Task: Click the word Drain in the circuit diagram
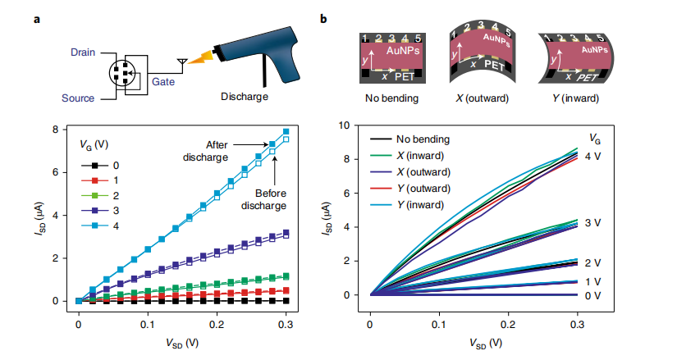pos(78,52)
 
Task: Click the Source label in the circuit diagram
pos(78,98)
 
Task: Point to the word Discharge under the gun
pos(245,97)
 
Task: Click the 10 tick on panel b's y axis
pos(354,125)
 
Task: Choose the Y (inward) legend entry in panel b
pos(425,204)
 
